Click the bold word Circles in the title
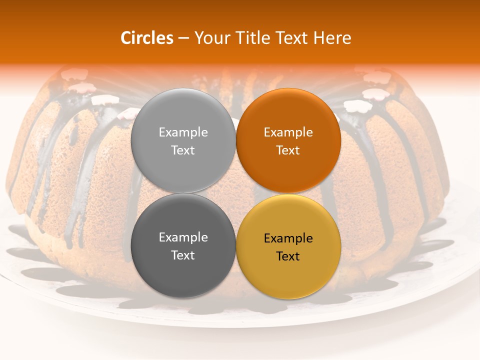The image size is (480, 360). coord(147,38)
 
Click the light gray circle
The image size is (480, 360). coord(183,140)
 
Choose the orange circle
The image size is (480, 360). coord(288,140)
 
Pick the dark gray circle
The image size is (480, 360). coord(183,245)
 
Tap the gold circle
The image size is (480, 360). coord(288,246)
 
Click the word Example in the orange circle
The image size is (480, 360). coord(288,132)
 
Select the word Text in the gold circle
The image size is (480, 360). coord(288,256)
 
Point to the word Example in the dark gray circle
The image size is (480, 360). coord(183,237)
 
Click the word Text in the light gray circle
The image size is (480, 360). coord(183,150)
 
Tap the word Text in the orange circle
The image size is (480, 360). coord(288,150)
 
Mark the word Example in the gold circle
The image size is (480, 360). coord(288,238)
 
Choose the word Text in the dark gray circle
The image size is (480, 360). coord(183,255)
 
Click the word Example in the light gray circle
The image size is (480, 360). coord(183,132)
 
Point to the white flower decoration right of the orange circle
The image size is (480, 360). coord(357,105)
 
